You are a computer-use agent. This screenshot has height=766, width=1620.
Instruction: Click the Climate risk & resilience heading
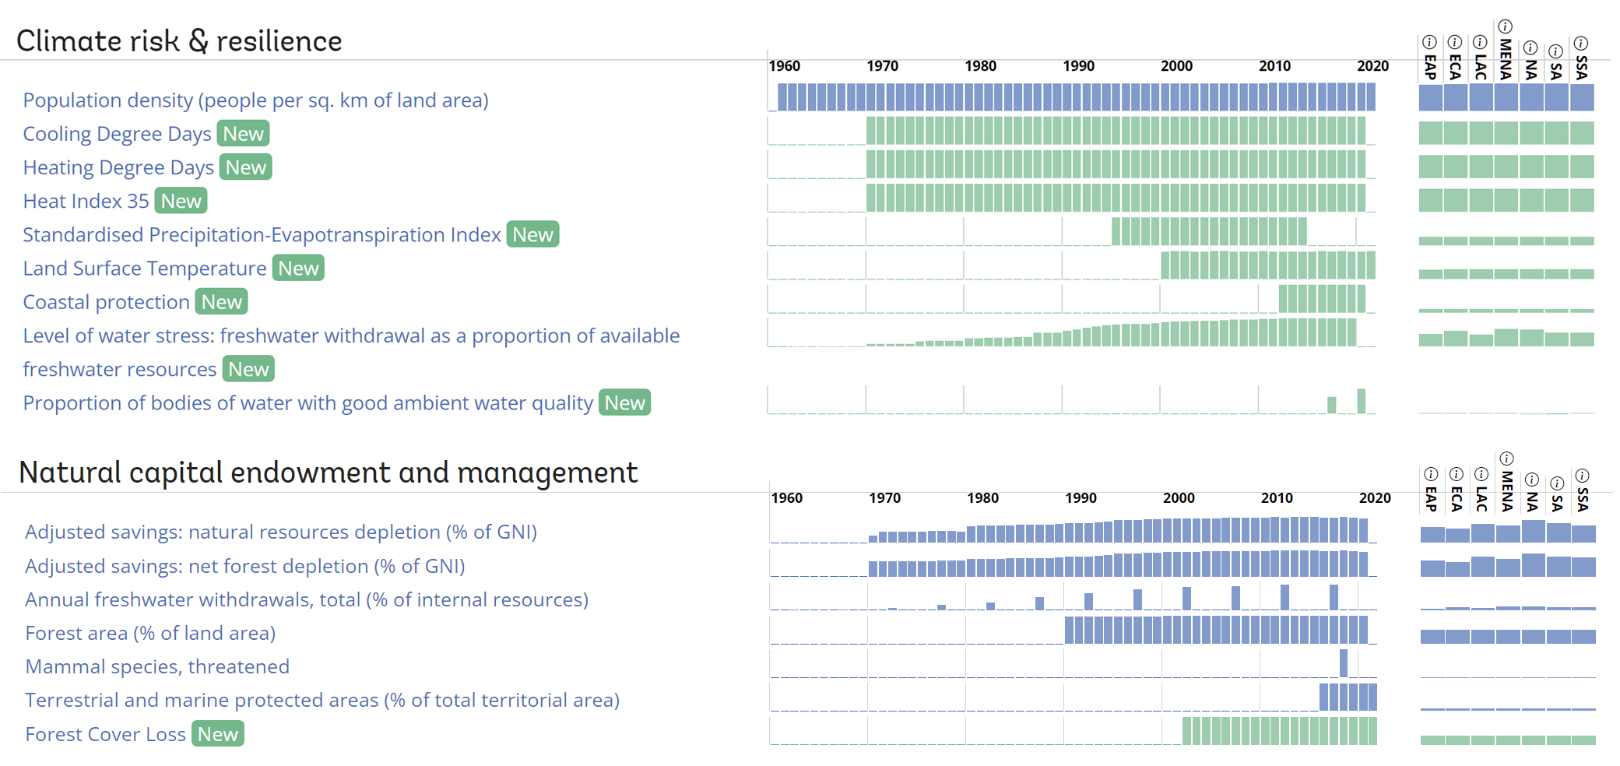tap(179, 41)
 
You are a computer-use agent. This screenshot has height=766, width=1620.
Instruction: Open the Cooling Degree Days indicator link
tap(117, 134)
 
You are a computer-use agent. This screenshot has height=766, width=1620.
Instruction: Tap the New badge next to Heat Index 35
tap(181, 201)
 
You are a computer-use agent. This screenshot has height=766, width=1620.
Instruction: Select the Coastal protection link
tap(106, 302)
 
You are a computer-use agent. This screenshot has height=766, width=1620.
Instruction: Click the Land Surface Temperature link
tap(144, 269)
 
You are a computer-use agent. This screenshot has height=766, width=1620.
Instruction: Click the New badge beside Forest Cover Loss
tap(217, 734)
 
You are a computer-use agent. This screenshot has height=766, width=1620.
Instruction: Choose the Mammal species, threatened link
tap(157, 667)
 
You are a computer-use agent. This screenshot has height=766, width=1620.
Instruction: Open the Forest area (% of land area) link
tap(150, 634)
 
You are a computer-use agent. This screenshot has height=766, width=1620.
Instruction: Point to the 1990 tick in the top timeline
tap(1078, 66)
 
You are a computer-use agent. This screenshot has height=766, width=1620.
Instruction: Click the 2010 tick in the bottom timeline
tap(1277, 498)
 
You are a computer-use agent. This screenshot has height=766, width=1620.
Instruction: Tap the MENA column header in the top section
tap(1506, 59)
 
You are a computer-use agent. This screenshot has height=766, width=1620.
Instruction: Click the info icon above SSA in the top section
tap(1581, 43)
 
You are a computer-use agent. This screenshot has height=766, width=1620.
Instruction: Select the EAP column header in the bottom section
tap(1431, 499)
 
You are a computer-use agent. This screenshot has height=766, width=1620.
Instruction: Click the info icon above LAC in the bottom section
tap(1481, 474)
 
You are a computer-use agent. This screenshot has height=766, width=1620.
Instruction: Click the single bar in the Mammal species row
tap(1344, 663)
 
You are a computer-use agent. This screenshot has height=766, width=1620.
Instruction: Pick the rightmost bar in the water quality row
tap(1361, 401)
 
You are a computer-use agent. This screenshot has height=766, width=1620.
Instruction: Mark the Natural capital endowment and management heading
tap(328, 473)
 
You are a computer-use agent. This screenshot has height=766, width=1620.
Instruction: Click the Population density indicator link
tap(255, 100)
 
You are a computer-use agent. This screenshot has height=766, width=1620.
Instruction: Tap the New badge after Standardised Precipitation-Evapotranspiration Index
tap(532, 234)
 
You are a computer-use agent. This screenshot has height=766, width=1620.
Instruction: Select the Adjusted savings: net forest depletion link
tap(244, 566)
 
